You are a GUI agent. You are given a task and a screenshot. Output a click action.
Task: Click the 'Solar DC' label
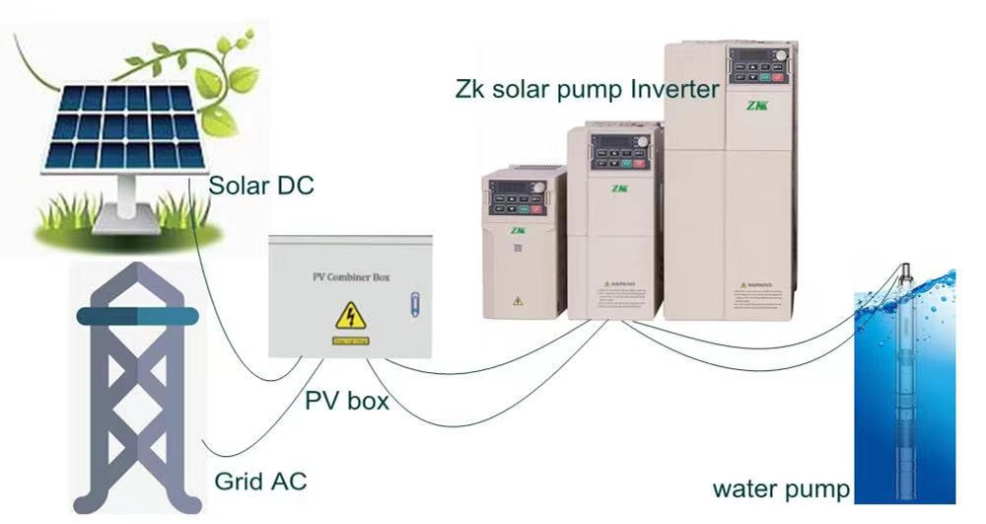point(261,185)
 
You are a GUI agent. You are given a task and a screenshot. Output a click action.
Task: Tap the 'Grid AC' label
point(260,482)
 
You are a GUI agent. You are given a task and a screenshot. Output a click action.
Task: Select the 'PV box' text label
point(346,402)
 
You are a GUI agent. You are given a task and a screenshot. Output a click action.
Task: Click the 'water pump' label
point(781,489)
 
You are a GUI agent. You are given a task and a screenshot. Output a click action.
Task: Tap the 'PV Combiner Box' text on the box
point(344,277)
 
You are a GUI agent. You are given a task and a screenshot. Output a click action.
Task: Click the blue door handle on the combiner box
point(416,300)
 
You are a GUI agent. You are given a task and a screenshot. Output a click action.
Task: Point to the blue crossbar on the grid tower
point(137,316)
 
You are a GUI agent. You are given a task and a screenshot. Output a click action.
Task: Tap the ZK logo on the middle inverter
point(618,187)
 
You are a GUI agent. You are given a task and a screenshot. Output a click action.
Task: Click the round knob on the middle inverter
point(643,142)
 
